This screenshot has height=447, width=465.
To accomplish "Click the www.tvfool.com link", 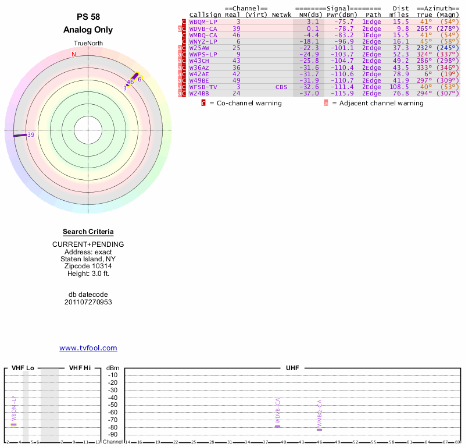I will (88, 348).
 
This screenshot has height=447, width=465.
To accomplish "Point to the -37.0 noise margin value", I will (309, 93).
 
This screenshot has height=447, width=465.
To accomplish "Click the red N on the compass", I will (73, 55).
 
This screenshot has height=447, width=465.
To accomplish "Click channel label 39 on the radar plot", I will (31, 135).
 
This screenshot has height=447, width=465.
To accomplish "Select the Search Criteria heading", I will (88, 232).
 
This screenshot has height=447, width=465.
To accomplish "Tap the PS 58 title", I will (88, 17).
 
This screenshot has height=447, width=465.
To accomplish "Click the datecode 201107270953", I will (88, 302).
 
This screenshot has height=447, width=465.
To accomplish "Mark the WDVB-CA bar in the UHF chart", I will (278, 427).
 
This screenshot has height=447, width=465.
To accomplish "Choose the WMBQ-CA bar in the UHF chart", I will (319, 430).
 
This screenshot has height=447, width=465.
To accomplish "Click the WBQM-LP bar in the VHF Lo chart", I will (14, 424).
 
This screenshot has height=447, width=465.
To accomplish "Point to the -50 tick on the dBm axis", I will (113, 405).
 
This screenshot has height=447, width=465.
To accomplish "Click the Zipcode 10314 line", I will (88, 266).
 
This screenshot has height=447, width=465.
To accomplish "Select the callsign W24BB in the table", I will (199, 93).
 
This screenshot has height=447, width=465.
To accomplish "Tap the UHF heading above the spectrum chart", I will (292, 368).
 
